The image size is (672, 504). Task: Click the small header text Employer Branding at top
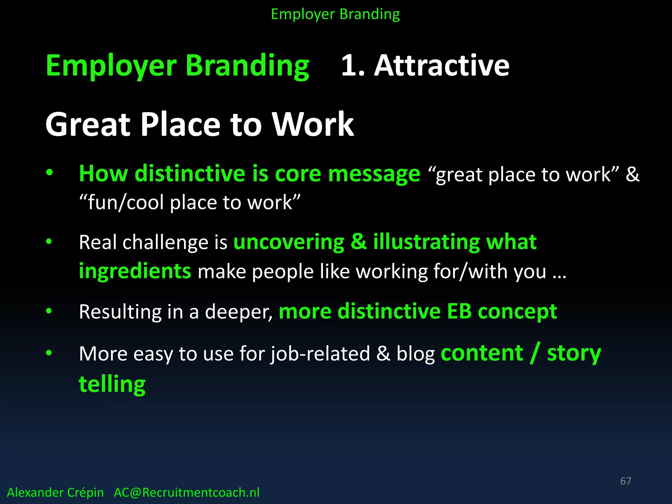335,14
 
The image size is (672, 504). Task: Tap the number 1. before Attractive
353,66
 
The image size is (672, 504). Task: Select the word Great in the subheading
88,125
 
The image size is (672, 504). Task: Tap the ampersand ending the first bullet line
632,174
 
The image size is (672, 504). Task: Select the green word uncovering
289,242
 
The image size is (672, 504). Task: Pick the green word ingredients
135,272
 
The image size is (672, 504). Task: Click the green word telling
112,384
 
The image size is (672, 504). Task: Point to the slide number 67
625,481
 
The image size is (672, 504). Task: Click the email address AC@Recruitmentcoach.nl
186,493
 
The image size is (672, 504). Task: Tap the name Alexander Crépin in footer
55,493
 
